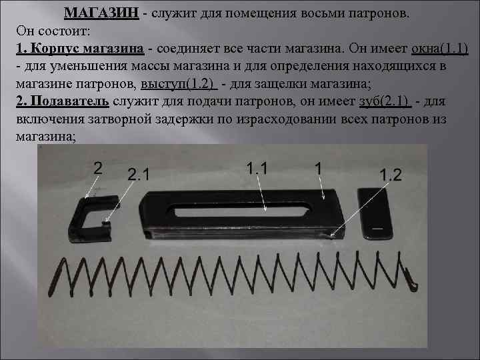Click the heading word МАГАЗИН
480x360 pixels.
click(x=101, y=13)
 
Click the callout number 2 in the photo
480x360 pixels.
click(x=98, y=168)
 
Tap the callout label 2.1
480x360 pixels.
click(x=138, y=175)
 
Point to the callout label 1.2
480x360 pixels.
click(x=391, y=174)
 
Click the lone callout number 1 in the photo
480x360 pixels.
click(x=319, y=169)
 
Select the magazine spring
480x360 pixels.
click(x=233, y=273)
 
